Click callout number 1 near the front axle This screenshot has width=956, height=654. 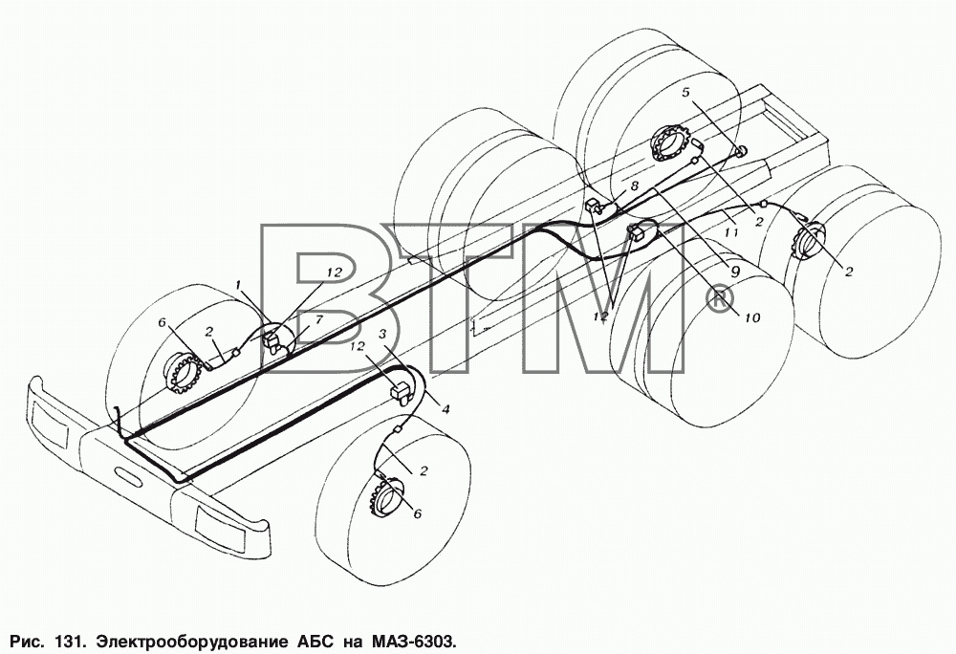239,285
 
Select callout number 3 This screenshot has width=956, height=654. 383,333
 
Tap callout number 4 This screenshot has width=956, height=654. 445,409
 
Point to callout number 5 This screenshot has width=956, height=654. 685,92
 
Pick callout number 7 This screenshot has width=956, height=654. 319,319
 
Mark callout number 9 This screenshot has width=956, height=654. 734,272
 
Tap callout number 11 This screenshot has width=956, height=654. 731,232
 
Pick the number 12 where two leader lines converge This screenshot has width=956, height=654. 600,316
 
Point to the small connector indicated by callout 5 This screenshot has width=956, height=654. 742,152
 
